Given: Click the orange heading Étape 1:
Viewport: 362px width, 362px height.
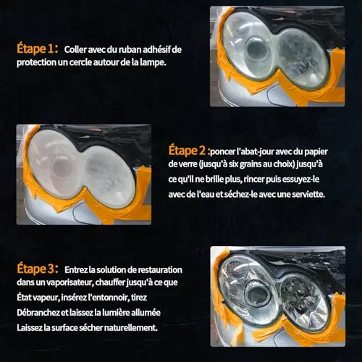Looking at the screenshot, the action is point(38,49).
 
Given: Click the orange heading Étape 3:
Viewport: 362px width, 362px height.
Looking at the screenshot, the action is point(38,269).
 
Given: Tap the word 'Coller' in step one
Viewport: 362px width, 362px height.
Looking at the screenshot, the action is point(75,49).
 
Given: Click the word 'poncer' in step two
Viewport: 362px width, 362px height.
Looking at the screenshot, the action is point(222,152).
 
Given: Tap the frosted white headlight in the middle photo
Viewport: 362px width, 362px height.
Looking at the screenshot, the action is point(81,169).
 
